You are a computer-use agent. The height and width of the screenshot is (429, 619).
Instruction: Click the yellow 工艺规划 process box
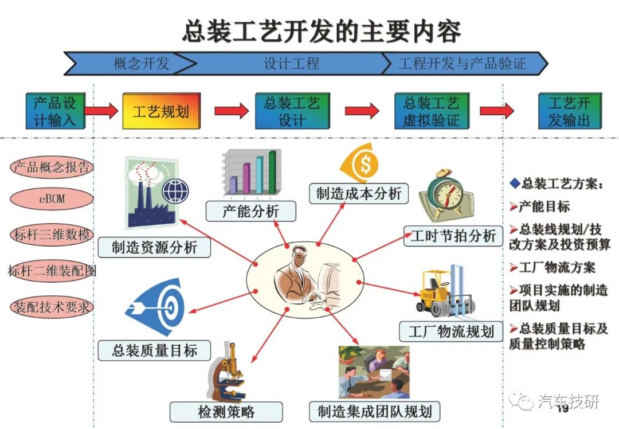162,111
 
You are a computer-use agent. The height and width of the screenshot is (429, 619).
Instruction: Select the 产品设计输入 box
55,111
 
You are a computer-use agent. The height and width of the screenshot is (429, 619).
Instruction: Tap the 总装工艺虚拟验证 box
432,111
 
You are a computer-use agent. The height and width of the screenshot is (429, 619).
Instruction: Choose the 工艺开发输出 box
570,111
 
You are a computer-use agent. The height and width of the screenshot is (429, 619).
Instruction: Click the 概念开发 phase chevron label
142,63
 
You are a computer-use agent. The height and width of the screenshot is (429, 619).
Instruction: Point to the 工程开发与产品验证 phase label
463,63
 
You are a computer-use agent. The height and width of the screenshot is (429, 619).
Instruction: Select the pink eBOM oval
52,198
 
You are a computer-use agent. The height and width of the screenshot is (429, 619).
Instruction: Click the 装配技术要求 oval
52,307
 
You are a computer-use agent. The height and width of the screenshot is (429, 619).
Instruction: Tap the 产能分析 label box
250,211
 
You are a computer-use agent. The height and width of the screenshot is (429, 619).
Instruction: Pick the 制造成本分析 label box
358,193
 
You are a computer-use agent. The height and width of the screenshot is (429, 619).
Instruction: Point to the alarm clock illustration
446,196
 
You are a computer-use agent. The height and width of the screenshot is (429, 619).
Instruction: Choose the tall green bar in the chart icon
272,172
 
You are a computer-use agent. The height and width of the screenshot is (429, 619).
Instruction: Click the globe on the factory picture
176,191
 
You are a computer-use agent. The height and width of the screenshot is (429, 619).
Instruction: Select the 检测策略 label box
226,412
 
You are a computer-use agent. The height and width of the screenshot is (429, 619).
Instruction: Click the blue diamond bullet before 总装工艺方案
515,183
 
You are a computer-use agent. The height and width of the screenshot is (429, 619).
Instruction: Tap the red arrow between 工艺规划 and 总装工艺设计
232,111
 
